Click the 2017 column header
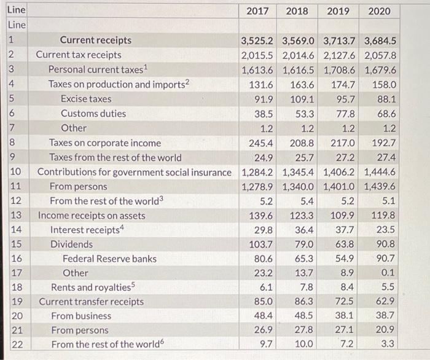coord(258,11)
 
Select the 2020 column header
coord(380,11)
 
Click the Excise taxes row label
coord(86,98)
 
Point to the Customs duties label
coord(93,113)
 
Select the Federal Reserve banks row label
coord(109,259)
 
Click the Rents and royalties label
coord(93,288)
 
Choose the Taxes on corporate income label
coord(105,143)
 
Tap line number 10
coord(16,172)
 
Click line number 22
coord(16,345)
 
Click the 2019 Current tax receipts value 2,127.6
coord(340,55)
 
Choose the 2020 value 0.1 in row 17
coord(388,273)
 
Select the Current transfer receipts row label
coord(92,302)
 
